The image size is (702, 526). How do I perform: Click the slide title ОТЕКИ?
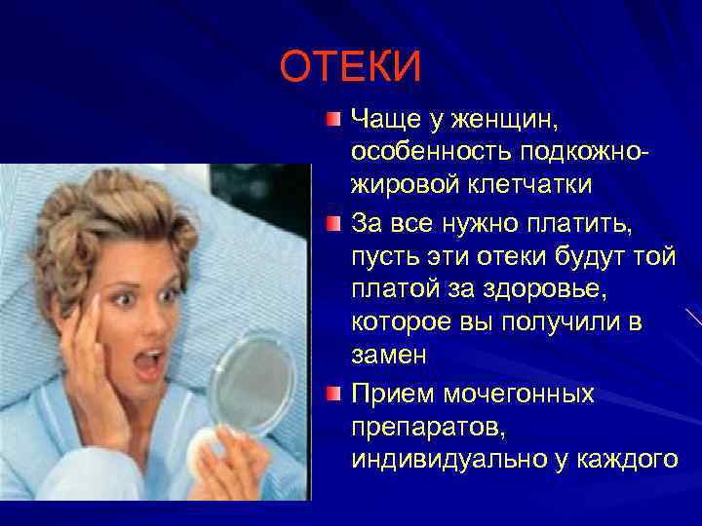[x=350, y=67]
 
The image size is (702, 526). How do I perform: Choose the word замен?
[x=389, y=355]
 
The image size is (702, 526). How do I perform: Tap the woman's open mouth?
[x=147, y=364]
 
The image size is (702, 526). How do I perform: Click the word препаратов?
[x=418, y=426]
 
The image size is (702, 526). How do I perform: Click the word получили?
[x=555, y=322]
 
